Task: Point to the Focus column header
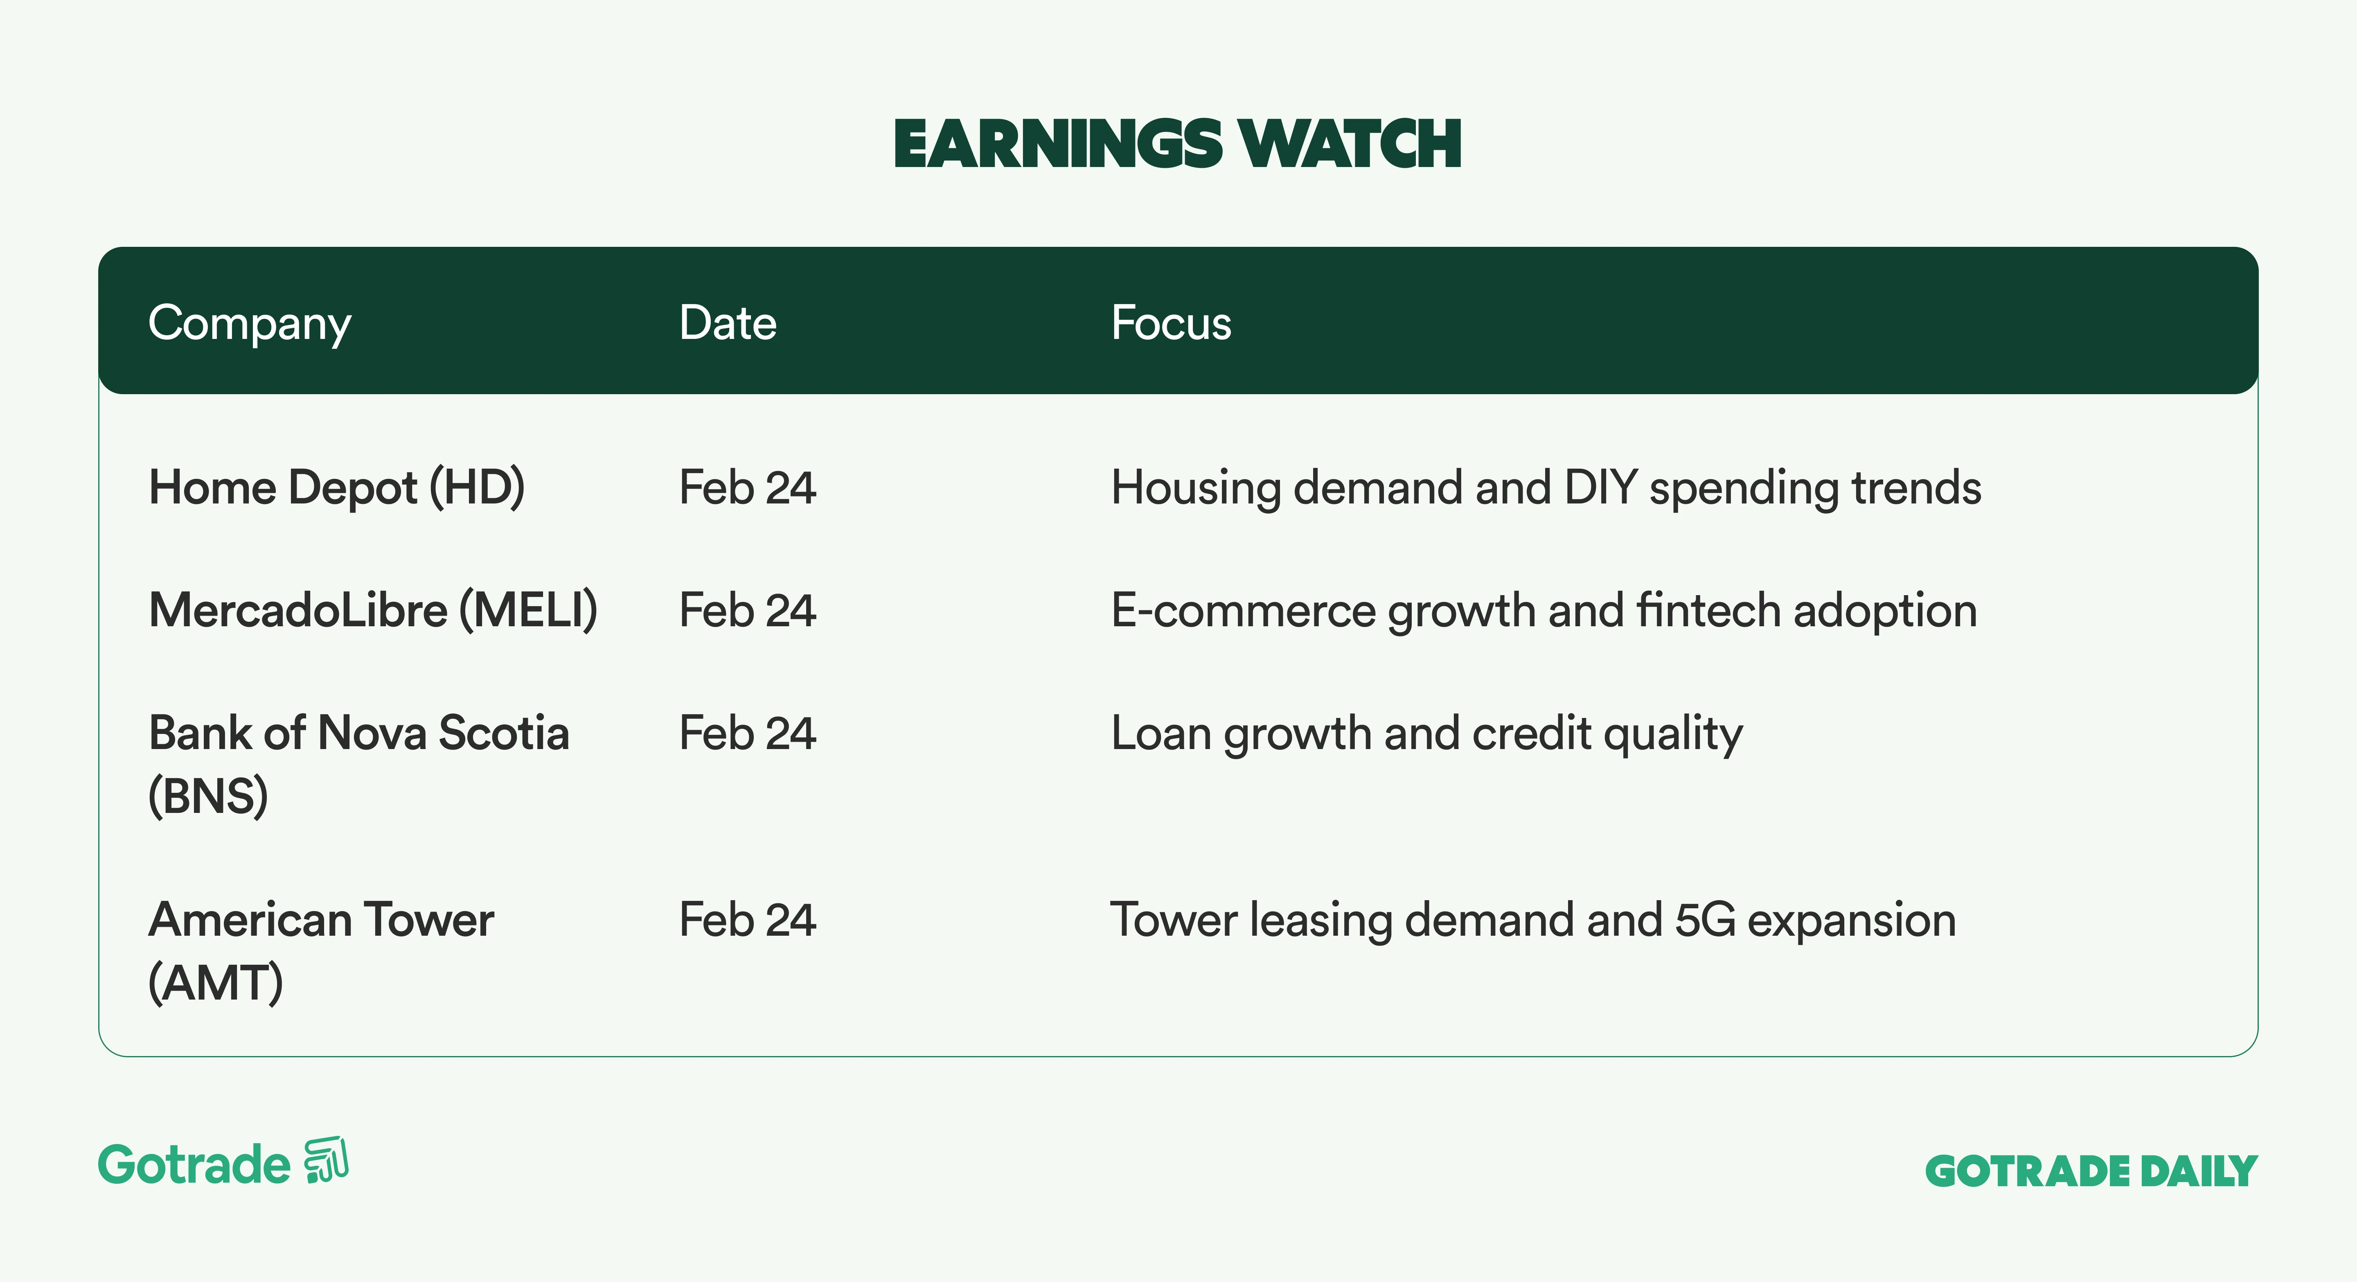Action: click(x=1171, y=323)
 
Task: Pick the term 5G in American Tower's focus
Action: click(x=1706, y=920)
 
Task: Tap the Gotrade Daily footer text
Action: click(x=2092, y=1171)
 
